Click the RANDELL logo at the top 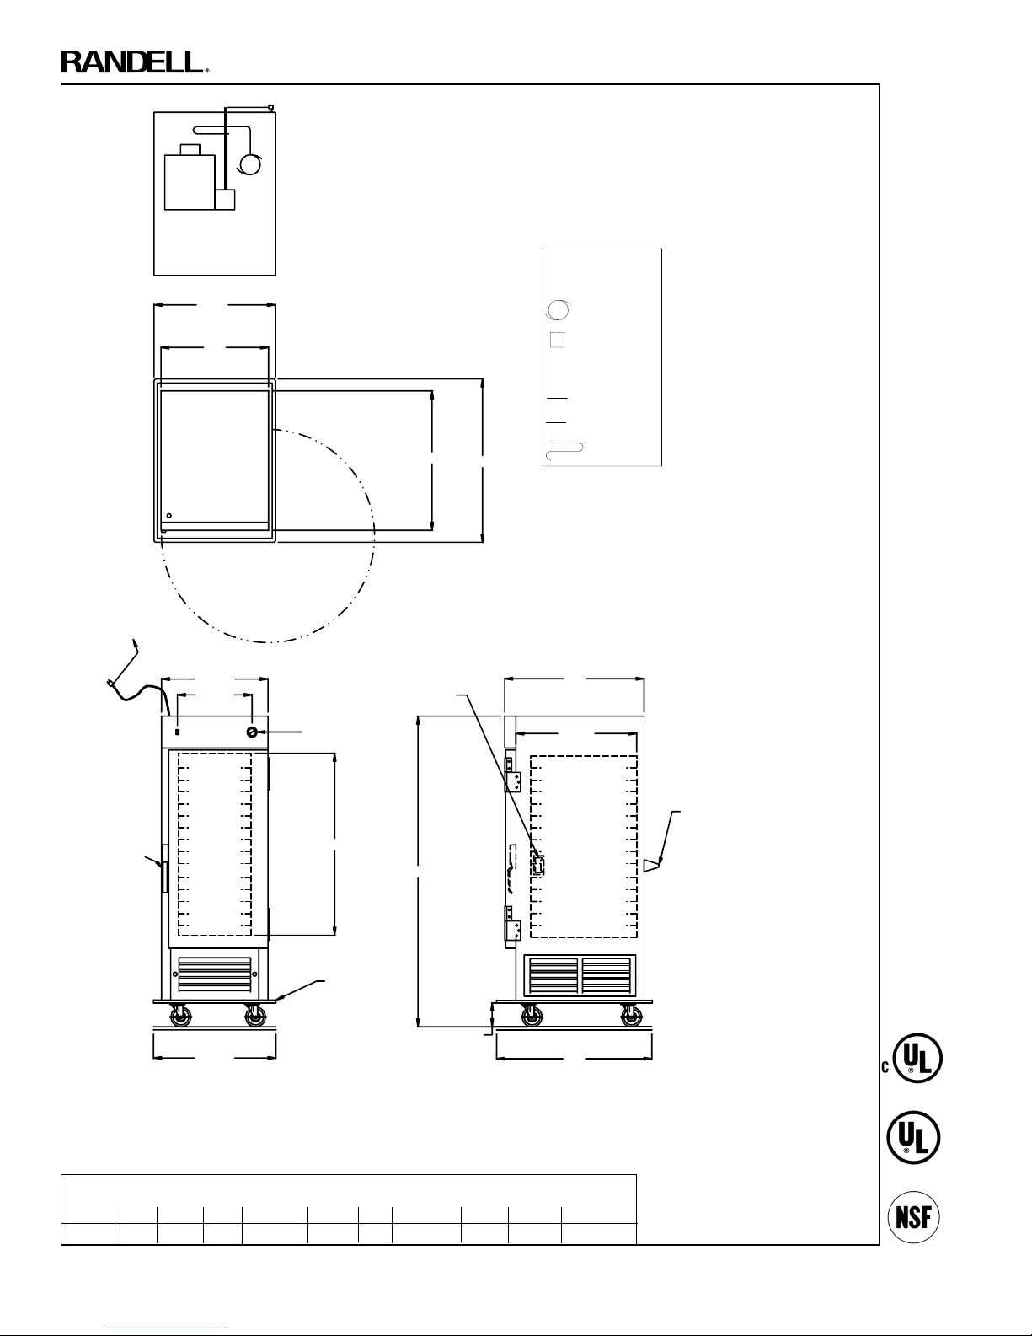click(135, 62)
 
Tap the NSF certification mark click(913, 1216)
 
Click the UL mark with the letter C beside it click(913, 1058)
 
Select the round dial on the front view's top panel click(252, 732)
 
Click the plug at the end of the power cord click(110, 683)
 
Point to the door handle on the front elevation click(164, 868)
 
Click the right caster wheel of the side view click(631, 1017)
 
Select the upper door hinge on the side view click(512, 775)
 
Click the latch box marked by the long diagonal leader click(537, 865)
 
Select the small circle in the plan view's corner click(169, 516)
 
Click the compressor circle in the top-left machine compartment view click(250, 164)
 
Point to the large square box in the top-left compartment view click(190, 183)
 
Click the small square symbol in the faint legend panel click(557, 340)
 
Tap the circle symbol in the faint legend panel click(558, 310)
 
